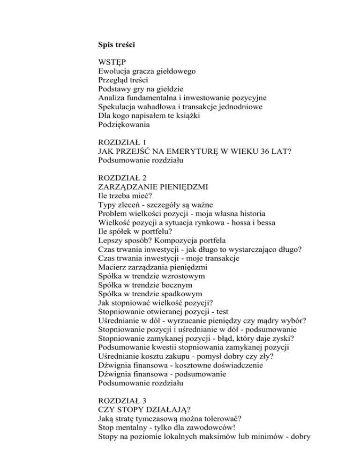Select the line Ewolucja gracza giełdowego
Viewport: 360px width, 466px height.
pos(147,72)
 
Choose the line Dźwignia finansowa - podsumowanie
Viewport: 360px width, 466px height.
pos(163,374)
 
